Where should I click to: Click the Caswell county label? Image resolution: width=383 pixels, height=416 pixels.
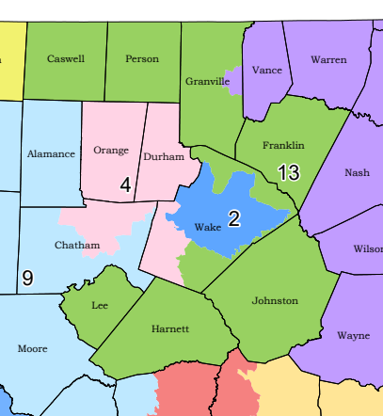coord(66,58)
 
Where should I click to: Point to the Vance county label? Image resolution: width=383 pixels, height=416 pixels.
coord(267,71)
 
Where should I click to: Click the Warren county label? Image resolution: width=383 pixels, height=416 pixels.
coord(328,59)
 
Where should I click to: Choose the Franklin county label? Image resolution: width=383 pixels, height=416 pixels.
coord(283,145)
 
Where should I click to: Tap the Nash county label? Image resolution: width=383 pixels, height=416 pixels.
coord(358,172)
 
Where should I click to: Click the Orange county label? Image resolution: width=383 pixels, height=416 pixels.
coord(111,150)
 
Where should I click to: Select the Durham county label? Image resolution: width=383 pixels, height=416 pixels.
coord(164,156)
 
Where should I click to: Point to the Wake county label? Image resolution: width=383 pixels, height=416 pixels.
coord(207,227)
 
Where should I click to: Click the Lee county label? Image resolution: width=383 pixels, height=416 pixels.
coord(100,306)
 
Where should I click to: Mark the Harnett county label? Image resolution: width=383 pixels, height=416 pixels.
coord(170,329)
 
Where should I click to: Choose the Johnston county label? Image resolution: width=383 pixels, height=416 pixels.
coord(275,300)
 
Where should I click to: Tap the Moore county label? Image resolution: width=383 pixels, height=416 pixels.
coord(32,348)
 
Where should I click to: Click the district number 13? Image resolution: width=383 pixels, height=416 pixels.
coord(288,172)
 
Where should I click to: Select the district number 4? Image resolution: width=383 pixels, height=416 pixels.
coord(125,185)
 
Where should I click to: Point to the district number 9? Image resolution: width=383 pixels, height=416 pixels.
coord(27,278)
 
